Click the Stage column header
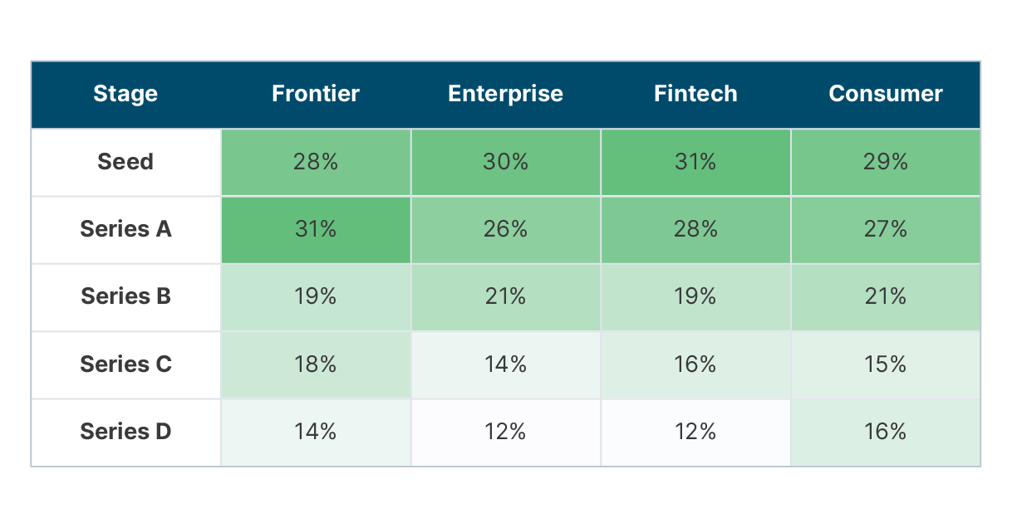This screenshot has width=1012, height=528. coord(125,94)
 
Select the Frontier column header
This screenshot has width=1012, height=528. coord(316,94)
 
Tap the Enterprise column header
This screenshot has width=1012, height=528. coord(505,94)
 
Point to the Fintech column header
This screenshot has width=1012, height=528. coord(695,94)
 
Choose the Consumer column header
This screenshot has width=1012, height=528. coord(886,94)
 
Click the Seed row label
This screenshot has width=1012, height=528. coord(125,162)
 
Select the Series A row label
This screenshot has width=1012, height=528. coord(125,229)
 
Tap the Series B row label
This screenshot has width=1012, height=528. coord(125,296)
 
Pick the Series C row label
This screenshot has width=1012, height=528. coord(125,364)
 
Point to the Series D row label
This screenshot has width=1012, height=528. coord(125,432)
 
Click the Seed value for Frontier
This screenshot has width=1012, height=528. coord(316,162)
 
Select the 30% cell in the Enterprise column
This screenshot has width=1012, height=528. coord(505,162)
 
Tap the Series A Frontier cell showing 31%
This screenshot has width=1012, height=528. coord(316,230)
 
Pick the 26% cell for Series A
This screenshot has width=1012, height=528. coord(505,230)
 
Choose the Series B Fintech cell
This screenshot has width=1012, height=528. coord(695,297)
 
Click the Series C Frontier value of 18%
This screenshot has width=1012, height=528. coord(316,364)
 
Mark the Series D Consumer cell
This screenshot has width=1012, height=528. coord(886,433)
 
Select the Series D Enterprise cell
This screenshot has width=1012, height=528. coord(505,433)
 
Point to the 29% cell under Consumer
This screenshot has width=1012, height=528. coord(886,162)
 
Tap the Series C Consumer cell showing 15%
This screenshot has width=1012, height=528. coord(886,364)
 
